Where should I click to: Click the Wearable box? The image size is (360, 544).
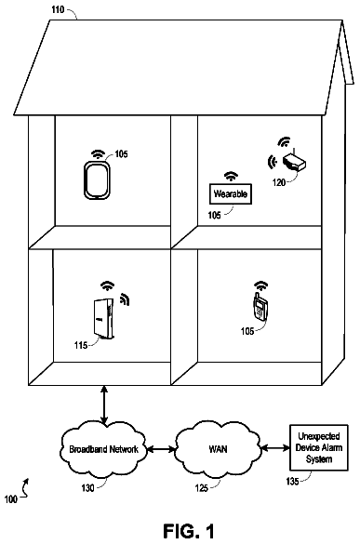[231, 193]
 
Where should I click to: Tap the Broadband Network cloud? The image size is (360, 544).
[103, 449]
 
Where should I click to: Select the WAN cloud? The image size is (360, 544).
[218, 449]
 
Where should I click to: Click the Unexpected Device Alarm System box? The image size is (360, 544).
[319, 447]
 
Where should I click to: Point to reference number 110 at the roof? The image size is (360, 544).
[58, 9]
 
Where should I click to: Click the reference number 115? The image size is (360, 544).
[81, 345]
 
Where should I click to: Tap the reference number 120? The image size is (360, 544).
[279, 182]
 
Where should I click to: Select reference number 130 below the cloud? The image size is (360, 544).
[87, 488]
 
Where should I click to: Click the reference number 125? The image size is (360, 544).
[201, 488]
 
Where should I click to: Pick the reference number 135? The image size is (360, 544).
[292, 481]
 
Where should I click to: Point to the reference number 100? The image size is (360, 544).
[11, 499]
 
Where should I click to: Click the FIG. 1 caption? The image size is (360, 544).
[189, 531]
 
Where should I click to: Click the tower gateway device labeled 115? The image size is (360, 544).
[103, 318]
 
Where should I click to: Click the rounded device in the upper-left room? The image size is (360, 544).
[97, 180]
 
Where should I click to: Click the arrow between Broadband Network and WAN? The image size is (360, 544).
[162, 450]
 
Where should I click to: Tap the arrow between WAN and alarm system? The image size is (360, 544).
[275, 448]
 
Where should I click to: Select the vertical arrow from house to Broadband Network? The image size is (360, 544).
[104, 405]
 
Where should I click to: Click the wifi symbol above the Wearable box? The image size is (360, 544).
[231, 177]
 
